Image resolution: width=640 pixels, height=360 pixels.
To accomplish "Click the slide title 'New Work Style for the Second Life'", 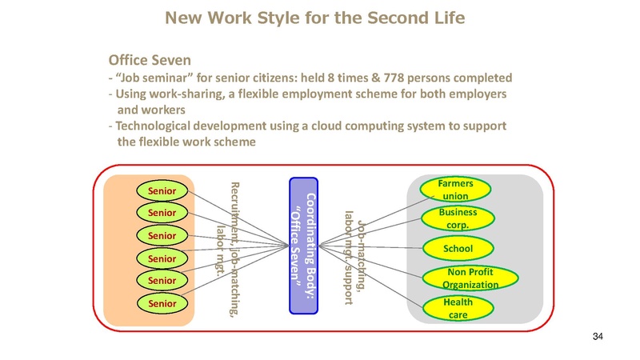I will (319, 17).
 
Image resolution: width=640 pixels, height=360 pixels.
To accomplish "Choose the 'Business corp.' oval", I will (458, 218).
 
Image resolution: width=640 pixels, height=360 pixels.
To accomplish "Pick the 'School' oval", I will (458, 249).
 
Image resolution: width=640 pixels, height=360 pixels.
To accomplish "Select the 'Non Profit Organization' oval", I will (470, 278).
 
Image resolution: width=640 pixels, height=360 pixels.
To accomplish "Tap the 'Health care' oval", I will (458, 308).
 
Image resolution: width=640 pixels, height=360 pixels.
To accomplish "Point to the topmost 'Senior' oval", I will (162, 190).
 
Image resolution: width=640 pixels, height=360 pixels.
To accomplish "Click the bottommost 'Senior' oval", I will (162, 304).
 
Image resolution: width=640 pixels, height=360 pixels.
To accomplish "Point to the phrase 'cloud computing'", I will (370, 126).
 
